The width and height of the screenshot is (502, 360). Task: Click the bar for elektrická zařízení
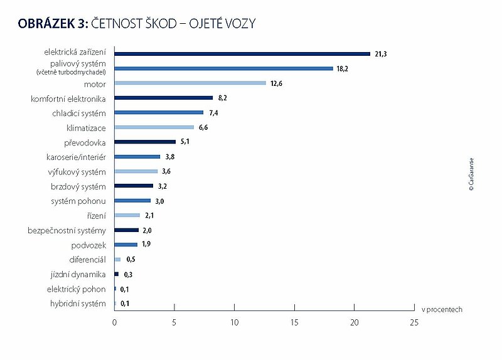coord(242,53)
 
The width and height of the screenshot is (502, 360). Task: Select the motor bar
coord(190,83)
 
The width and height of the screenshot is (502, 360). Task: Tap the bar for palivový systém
coord(223,68)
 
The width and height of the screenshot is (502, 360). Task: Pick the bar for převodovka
coord(145,142)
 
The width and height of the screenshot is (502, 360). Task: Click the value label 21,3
coord(380,54)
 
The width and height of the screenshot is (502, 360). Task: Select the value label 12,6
coord(276,83)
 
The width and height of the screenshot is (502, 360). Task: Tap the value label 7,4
coord(214,113)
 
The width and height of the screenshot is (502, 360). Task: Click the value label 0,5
coord(131,259)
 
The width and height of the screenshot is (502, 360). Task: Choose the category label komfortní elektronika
coord(68,98)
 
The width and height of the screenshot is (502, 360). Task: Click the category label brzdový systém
coord(78,186)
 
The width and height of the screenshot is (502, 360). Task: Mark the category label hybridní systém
coord(77,304)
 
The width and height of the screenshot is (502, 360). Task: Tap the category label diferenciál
coord(87,260)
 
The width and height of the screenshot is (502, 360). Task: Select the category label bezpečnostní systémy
coord(67,230)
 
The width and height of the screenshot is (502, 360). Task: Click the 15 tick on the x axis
coord(294,322)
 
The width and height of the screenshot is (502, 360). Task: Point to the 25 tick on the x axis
coord(414,322)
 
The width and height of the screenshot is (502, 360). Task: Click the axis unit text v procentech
coord(442,309)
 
